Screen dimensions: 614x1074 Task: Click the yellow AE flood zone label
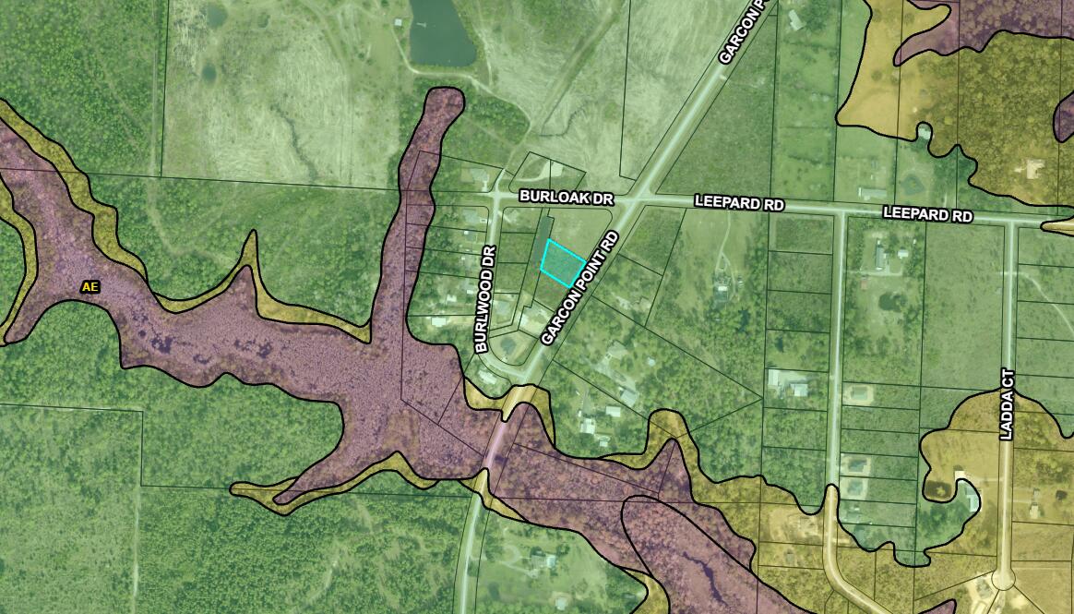pyautogui.click(x=89, y=287)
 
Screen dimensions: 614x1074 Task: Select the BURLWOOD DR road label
pyautogui.click(x=487, y=298)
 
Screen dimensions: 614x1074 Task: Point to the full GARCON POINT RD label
pyautogui.click(x=579, y=287)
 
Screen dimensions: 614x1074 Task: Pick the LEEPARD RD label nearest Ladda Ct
pyautogui.click(x=927, y=214)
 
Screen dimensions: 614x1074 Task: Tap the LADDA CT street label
pyautogui.click(x=1007, y=403)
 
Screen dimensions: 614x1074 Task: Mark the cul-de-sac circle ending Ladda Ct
pyautogui.click(x=1002, y=580)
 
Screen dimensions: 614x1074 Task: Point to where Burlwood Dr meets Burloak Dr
pyautogui.click(x=499, y=198)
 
